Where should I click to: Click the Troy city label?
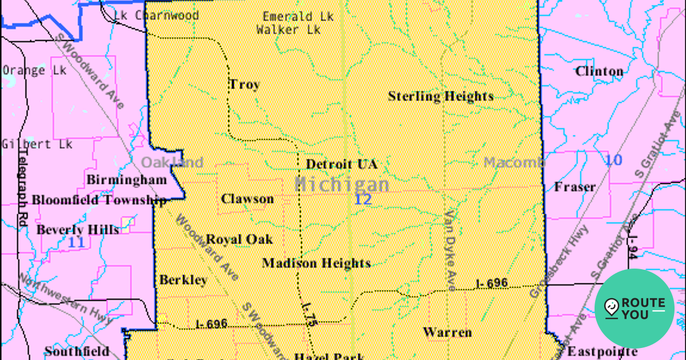(244, 85)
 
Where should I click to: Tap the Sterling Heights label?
(440, 96)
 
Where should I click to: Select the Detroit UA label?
(341, 165)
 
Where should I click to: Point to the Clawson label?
(248, 199)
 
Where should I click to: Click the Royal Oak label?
(240, 239)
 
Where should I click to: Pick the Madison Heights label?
(316, 263)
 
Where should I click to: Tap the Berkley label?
(183, 280)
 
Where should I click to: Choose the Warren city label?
(447, 332)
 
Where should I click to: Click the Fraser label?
(575, 187)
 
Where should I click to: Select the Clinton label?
(599, 71)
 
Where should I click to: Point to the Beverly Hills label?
(78, 230)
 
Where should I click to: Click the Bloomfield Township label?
(99, 200)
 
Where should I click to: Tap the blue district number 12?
(363, 199)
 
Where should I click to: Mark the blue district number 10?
(613, 160)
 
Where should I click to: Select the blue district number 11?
(76, 242)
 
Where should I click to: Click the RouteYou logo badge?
(635, 309)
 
